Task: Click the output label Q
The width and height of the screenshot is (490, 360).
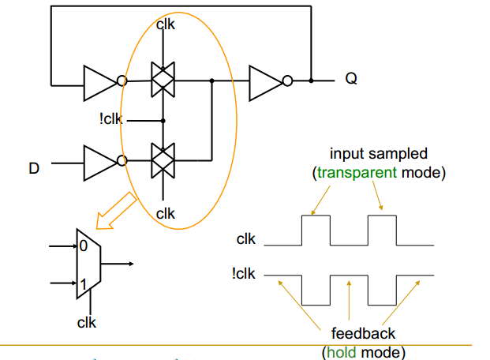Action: [350, 80]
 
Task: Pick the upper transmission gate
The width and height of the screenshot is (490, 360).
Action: [163, 80]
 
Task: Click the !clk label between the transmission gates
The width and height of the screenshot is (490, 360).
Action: [112, 121]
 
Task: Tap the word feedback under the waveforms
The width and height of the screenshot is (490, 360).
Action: [363, 334]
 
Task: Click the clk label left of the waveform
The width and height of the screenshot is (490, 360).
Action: [245, 239]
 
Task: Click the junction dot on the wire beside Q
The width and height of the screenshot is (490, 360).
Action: [312, 80]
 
